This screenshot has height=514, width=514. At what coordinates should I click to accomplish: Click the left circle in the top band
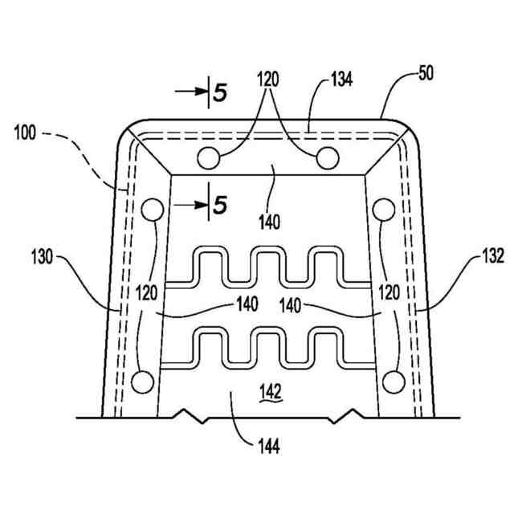coord(207,158)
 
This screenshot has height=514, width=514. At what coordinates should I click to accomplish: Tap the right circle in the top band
coord(327,158)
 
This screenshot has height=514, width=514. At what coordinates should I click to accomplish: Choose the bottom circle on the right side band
coord(392,381)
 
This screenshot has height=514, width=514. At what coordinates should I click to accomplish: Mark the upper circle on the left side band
coord(150,210)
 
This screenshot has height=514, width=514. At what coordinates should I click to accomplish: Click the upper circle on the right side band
coord(383,210)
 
